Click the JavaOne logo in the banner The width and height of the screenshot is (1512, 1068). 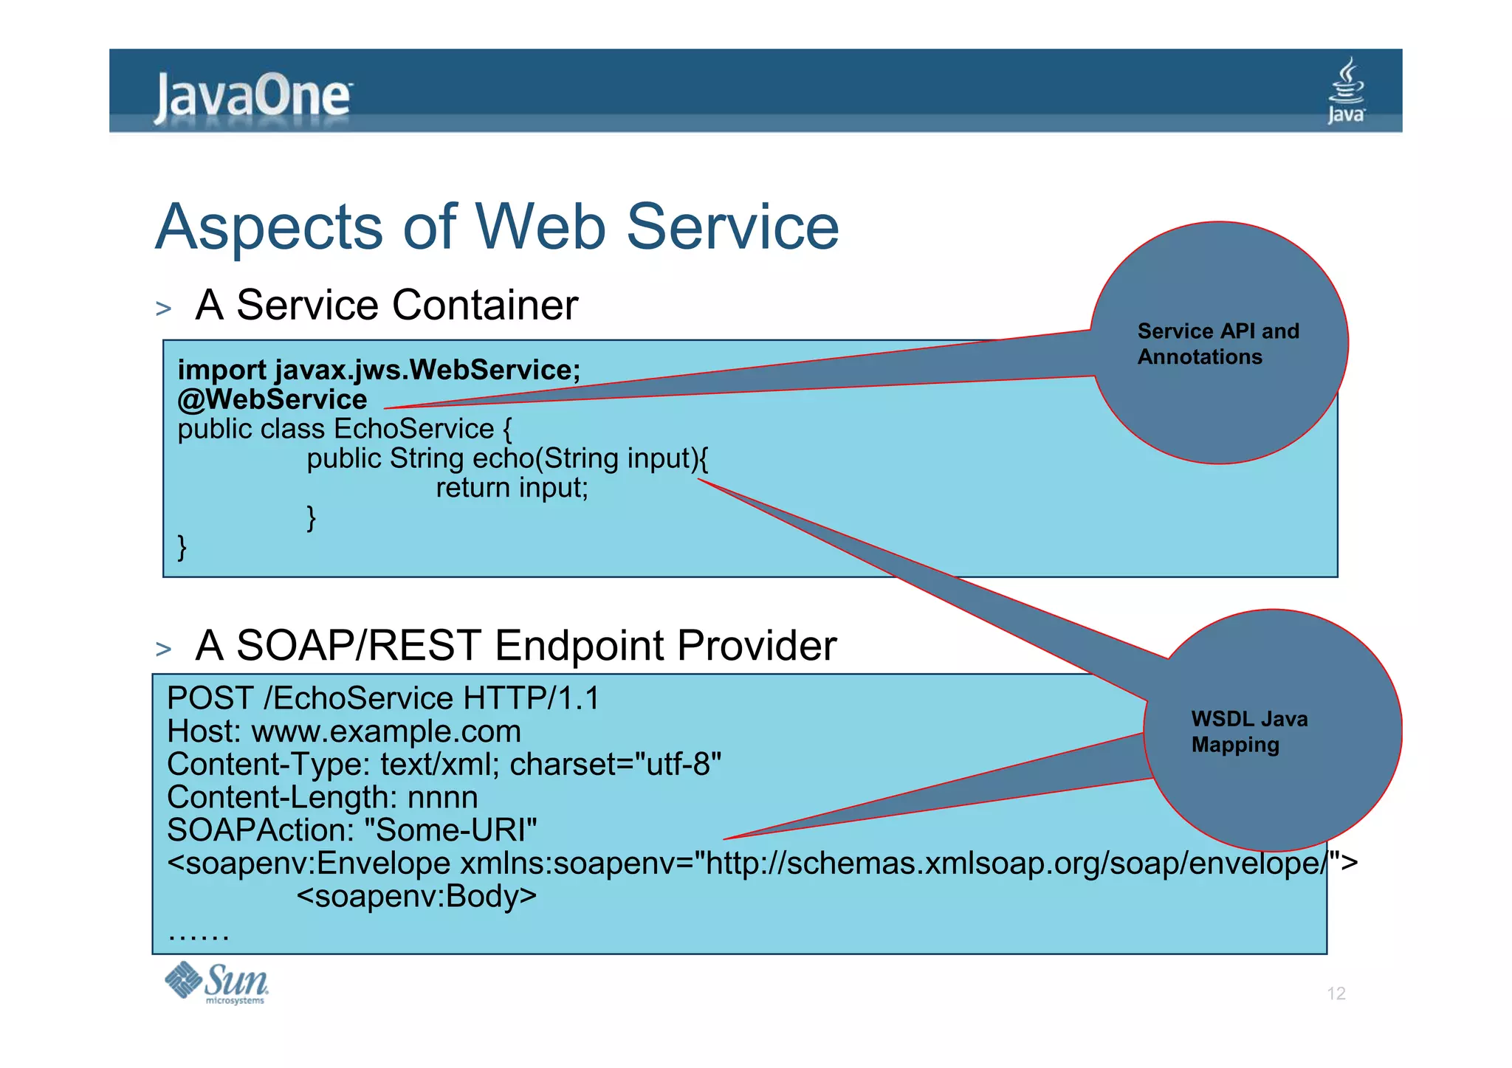(x=252, y=97)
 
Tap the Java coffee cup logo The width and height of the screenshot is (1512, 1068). (x=1347, y=91)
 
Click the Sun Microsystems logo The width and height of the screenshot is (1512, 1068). (x=216, y=982)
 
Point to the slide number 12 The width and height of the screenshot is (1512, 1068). (x=1336, y=993)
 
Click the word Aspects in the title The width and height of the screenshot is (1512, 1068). (x=269, y=227)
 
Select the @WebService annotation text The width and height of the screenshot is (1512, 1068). (x=272, y=399)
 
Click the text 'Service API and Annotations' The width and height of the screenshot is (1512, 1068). (x=1217, y=344)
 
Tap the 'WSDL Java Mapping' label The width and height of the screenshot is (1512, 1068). (x=1248, y=731)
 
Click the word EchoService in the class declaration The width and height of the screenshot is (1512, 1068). (x=414, y=429)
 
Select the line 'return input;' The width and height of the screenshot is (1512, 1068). (x=512, y=488)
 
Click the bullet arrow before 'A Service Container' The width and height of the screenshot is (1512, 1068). (x=164, y=309)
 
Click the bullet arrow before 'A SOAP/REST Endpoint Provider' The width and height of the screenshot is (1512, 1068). (x=164, y=649)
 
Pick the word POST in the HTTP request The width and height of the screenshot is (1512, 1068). (x=210, y=698)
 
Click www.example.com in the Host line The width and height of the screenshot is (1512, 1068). (x=386, y=731)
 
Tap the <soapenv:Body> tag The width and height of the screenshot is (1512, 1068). (x=416, y=896)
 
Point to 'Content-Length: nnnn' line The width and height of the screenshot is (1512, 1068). (x=322, y=798)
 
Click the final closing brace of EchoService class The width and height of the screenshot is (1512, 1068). (x=182, y=548)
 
